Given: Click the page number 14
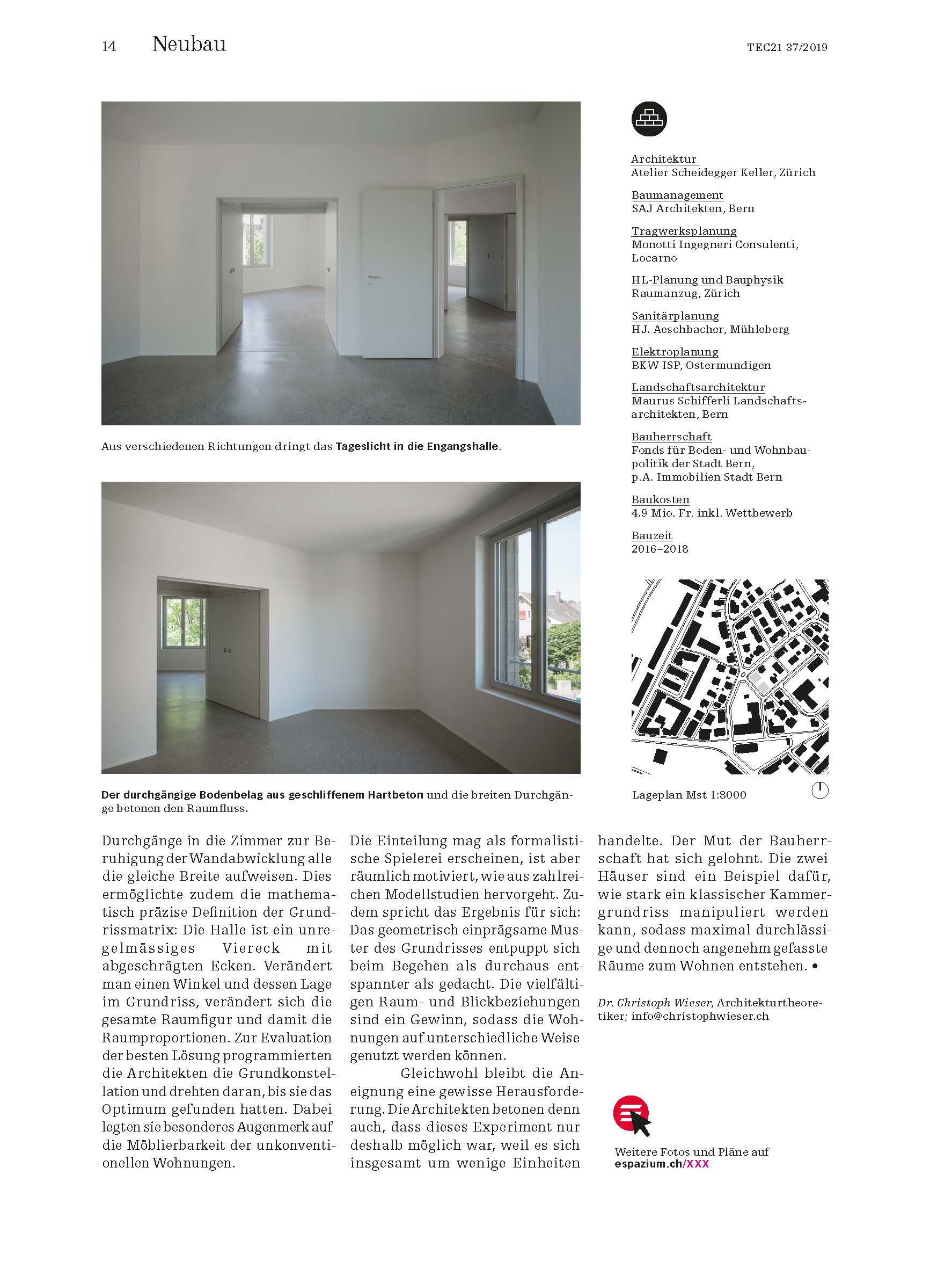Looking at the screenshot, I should tap(109, 47).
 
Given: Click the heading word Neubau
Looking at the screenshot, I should tap(189, 45).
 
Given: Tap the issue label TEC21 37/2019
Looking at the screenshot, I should tap(787, 48).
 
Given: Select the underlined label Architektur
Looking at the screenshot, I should tap(664, 159).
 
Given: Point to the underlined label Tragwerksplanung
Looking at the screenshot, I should tap(684, 231).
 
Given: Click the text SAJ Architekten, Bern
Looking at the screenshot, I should tap(692, 208).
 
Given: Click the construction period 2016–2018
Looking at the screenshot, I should tap(660, 549).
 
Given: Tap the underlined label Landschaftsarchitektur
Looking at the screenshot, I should tap(698, 388).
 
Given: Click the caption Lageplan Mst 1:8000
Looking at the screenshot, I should tap(689, 795).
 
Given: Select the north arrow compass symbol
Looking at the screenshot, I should tap(820, 791).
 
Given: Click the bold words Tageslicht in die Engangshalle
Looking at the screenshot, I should tap(417, 447).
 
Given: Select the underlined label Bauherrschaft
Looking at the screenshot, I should tap(671, 437).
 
